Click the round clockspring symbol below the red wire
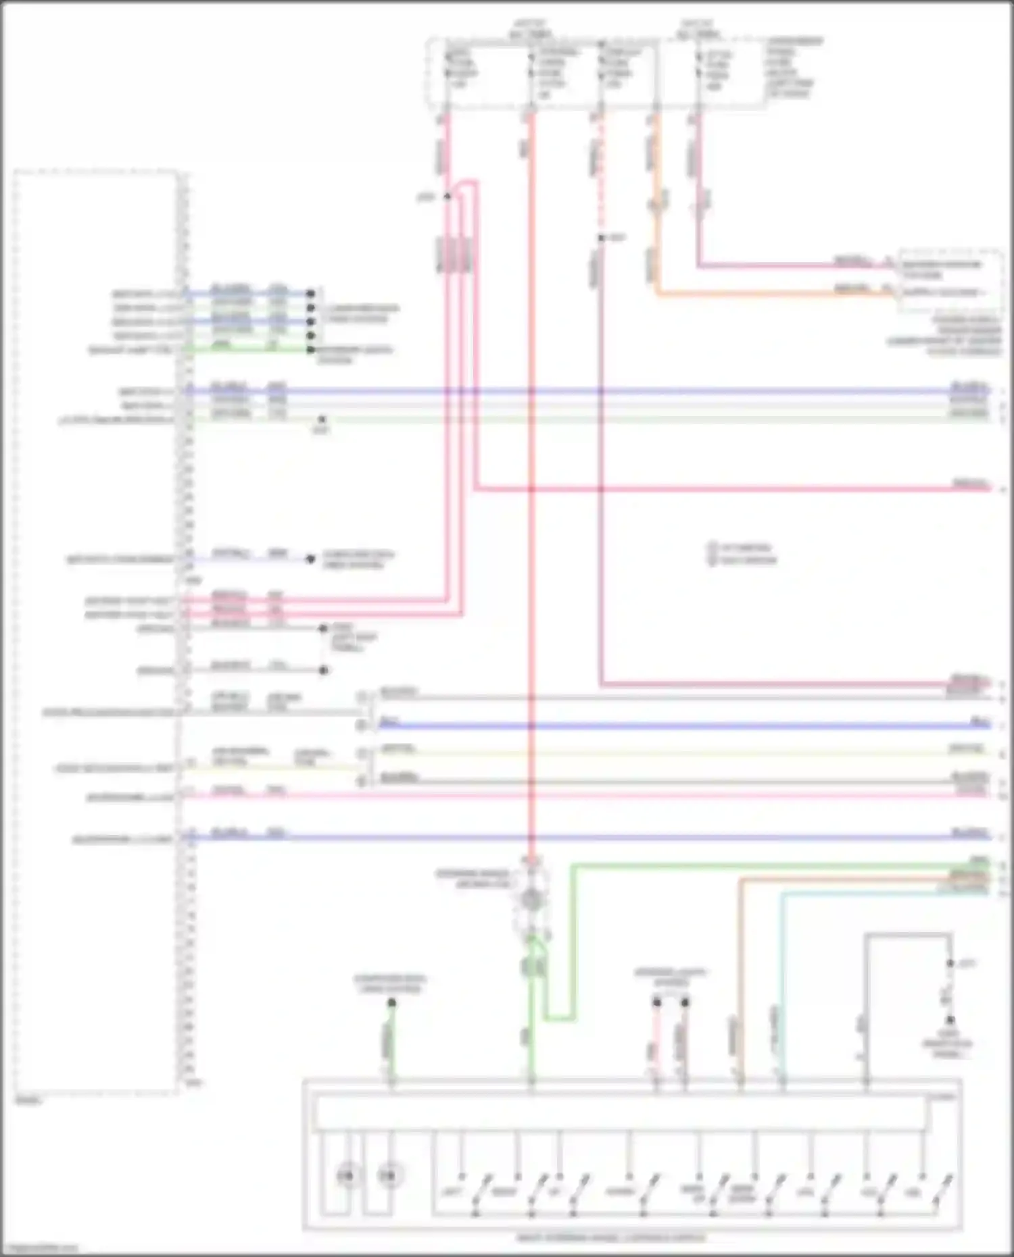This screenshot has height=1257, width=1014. pyautogui.click(x=531, y=899)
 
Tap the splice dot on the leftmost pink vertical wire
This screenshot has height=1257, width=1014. pyautogui.click(x=447, y=197)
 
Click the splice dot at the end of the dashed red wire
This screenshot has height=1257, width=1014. pyautogui.click(x=600, y=238)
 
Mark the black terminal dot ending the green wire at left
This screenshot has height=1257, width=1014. pyautogui.click(x=310, y=350)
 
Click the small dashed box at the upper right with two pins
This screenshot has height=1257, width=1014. pyautogui.click(x=950, y=280)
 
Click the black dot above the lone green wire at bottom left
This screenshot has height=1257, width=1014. pyautogui.click(x=391, y=1002)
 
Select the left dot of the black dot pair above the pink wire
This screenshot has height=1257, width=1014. pyautogui.click(x=656, y=1002)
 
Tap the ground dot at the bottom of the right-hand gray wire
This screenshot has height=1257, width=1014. pyautogui.click(x=950, y=1020)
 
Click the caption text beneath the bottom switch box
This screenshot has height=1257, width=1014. pyautogui.click(x=610, y=1238)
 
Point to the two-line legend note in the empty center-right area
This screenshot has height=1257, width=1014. pyautogui.click(x=742, y=554)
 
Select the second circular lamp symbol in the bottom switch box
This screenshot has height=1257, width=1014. pyautogui.click(x=387, y=1176)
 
